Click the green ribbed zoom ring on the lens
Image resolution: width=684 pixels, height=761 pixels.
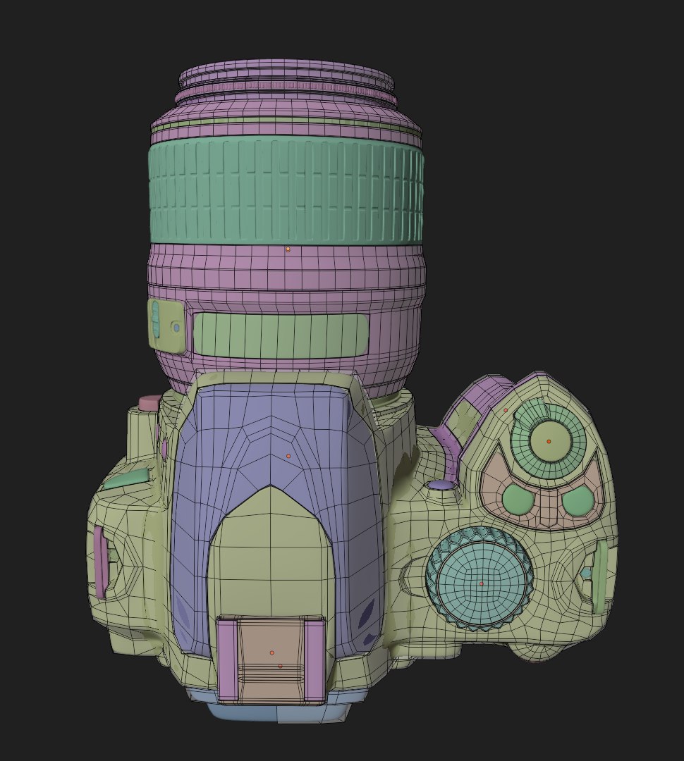click(x=286, y=190)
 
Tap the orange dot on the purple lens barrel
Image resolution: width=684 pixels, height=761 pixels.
click(x=288, y=249)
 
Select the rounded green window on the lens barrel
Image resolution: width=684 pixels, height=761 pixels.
click(x=281, y=334)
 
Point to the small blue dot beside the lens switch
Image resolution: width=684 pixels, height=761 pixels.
click(x=176, y=328)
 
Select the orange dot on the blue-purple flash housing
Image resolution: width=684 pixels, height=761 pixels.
click(x=288, y=457)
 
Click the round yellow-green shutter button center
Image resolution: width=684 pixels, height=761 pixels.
click(x=549, y=441)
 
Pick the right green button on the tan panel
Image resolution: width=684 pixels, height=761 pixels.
click(x=578, y=500)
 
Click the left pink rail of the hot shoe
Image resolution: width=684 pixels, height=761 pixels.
click(x=227, y=659)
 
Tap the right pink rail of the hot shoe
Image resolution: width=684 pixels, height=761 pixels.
click(x=314, y=659)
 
